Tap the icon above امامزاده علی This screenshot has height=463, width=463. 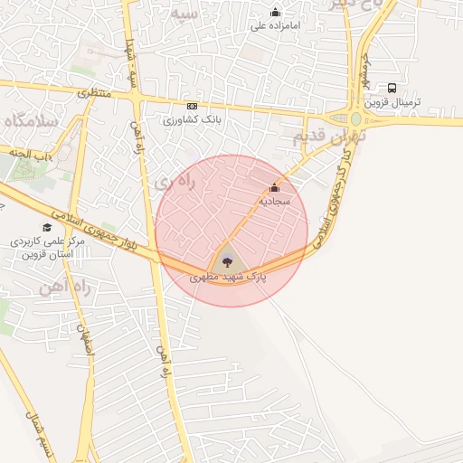(x=276, y=12)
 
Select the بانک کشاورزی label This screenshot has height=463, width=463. (x=194, y=118)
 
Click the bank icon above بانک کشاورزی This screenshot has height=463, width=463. (x=191, y=106)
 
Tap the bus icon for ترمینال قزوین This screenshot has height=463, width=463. (x=392, y=88)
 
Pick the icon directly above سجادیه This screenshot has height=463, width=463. (x=274, y=187)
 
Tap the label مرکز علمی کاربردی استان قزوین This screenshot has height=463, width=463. (x=47, y=249)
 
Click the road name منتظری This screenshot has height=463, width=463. (x=93, y=92)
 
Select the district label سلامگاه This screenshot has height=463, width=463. (x=31, y=120)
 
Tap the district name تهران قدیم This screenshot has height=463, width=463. (x=327, y=137)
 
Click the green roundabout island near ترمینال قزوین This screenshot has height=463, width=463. (x=356, y=119)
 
